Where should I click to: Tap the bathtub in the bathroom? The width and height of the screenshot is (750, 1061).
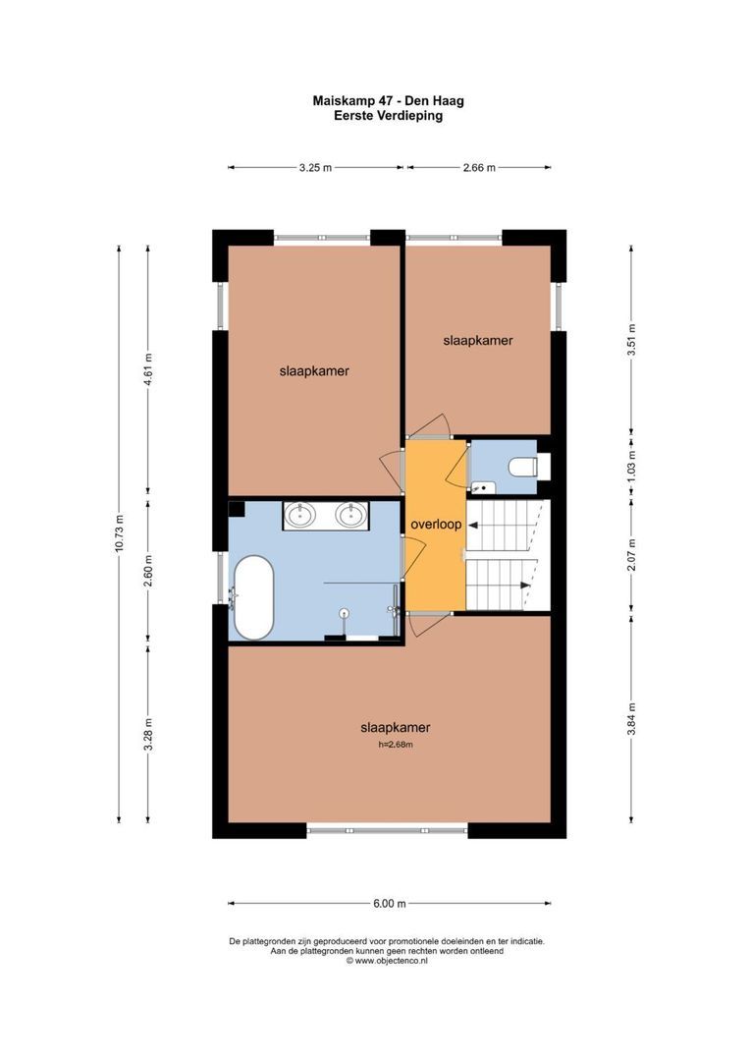[x=253, y=598]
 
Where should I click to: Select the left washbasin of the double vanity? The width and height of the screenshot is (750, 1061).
[x=298, y=516]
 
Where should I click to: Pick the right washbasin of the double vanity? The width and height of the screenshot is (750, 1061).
[x=351, y=516]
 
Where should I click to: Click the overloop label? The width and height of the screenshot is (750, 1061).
[x=436, y=525]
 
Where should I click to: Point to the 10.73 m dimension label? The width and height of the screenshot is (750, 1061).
[x=119, y=533]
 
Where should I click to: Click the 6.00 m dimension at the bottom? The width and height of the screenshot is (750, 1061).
[x=390, y=904]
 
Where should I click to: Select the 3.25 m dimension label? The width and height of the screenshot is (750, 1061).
[x=315, y=168]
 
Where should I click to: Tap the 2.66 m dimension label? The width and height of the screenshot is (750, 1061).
[x=479, y=168]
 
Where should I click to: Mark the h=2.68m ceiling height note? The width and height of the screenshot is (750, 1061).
[x=395, y=745]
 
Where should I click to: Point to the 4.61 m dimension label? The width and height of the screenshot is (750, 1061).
[x=149, y=369]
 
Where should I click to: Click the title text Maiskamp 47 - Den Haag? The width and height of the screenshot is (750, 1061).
[x=388, y=101]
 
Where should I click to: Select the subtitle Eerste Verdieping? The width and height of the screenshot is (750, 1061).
[x=388, y=116]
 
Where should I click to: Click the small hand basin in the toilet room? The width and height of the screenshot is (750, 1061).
[x=483, y=487]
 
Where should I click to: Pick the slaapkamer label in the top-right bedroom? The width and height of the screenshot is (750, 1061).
[x=478, y=340]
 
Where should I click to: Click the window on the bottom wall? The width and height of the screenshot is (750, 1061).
[x=388, y=828]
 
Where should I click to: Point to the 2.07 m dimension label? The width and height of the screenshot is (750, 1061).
[x=631, y=555]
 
